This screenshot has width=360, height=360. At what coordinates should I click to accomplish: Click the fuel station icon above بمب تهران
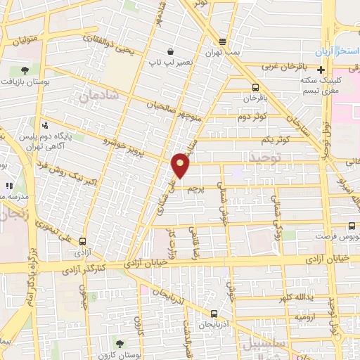pyautogui.click(x=223, y=41)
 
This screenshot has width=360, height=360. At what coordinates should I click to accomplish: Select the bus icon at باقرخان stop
pyautogui.click(x=255, y=87)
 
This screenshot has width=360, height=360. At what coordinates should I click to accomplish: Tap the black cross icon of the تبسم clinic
pyautogui.click(x=321, y=70)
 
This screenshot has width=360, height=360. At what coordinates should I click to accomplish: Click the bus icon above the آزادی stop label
pyautogui.click(x=84, y=240)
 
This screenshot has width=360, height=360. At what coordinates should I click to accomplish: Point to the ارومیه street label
pyautogui.click(x=305, y=317)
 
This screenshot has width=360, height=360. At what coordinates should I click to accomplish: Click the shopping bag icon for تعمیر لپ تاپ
pyautogui.click(x=171, y=52)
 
